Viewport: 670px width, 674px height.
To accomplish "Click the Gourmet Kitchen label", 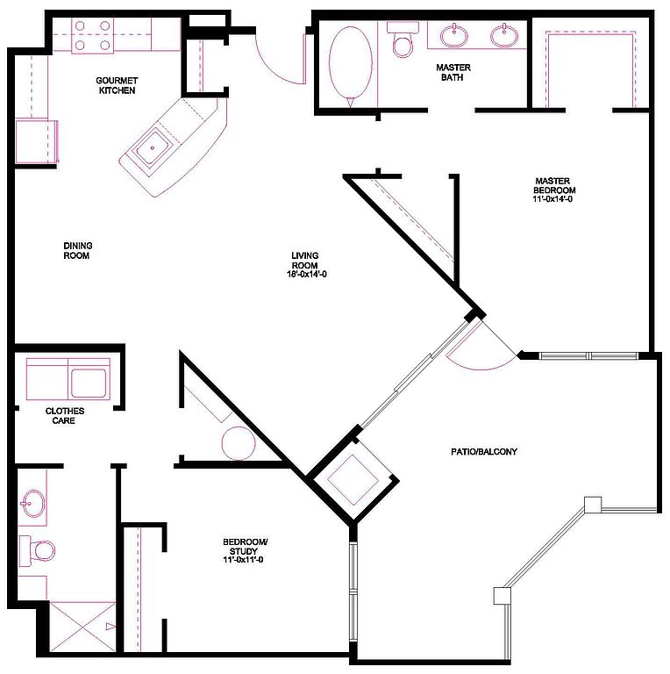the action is tap(117, 85).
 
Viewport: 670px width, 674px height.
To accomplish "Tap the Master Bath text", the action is tap(453, 72).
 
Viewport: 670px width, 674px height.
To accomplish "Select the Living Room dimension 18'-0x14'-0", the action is tap(307, 274).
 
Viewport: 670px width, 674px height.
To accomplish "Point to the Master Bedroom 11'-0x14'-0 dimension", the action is tap(552, 199).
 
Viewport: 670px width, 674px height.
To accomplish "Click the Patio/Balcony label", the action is tap(483, 451).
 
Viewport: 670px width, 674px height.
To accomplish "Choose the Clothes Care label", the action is tap(64, 416).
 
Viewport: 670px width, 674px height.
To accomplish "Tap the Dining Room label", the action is tap(78, 251).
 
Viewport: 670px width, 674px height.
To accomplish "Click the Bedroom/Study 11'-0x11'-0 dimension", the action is tap(243, 560).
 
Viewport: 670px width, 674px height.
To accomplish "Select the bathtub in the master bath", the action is tap(351, 67).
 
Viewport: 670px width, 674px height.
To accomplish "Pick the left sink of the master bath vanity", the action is tap(453, 36).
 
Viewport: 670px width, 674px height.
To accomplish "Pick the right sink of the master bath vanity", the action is tap(504, 36).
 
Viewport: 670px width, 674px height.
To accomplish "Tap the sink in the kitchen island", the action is tap(153, 147).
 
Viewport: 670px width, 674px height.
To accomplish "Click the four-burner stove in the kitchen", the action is tap(92, 36).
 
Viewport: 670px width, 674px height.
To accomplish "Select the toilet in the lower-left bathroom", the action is tap(38, 550).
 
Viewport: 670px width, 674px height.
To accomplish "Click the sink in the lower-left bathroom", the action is tap(33, 503).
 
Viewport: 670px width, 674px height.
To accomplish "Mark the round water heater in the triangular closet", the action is tap(239, 443).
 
